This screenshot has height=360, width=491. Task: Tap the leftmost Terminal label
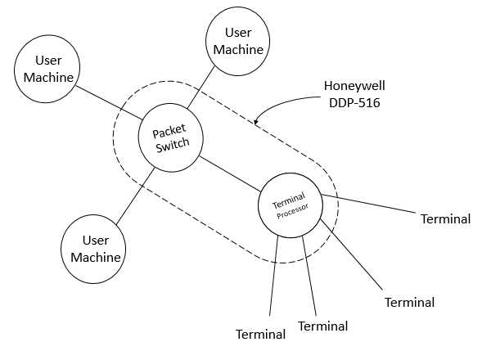pyautogui.click(x=261, y=335)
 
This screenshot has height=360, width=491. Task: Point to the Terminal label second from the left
pyautogui.click(x=323, y=326)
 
